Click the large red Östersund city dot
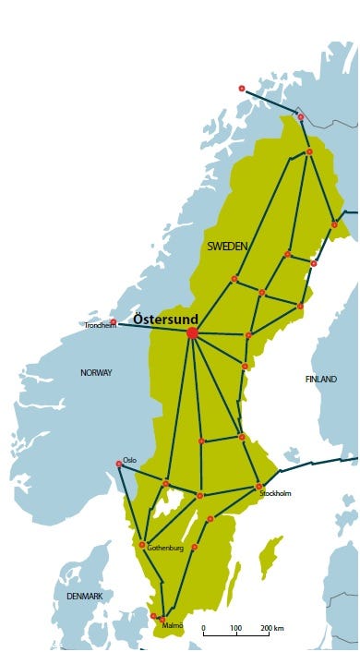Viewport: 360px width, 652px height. click(x=192, y=332)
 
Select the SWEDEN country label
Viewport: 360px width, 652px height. click(x=227, y=246)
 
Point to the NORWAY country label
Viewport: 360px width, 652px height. click(x=96, y=373)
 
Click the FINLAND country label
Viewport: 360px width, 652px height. click(x=321, y=380)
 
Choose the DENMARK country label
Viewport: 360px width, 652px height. click(x=85, y=598)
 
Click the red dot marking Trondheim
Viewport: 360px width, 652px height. click(x=114, y=321)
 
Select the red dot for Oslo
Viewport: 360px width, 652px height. click(x=119, y=464)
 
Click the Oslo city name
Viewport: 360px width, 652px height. click(x=130, y=459)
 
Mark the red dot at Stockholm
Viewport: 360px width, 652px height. click(x=259, y=486)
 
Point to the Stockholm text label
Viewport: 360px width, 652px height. click(x=276, y=494)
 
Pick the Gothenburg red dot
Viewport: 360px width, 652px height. click(x=142, y=545)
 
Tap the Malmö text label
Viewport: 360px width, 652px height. click(x=174, y=626)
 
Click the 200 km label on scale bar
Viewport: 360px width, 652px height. click(x=272, y=628)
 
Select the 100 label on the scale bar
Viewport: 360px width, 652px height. click(x=236, y=628)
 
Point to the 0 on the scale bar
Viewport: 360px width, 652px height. click(x=204, y=628)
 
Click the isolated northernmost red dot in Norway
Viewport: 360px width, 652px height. click(x=242, y=89)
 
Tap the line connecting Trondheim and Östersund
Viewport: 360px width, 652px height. click(x=152, y=327)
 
